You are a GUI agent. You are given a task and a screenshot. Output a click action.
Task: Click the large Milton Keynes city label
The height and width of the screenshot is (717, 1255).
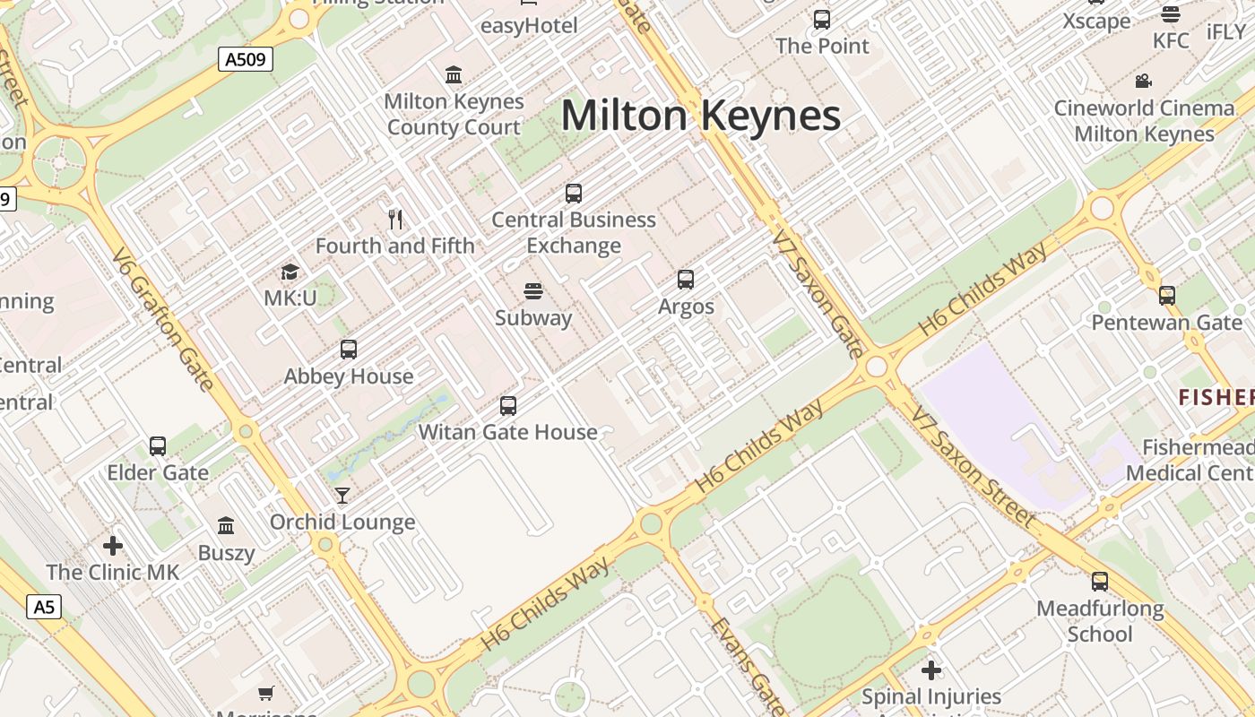coord(700,117)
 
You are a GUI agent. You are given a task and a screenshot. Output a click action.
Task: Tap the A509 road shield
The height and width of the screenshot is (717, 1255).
coord(246,60)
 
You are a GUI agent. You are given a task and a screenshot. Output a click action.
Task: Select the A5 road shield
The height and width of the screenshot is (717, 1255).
coord(44,607)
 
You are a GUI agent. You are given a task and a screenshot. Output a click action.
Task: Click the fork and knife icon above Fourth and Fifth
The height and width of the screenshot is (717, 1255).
coord(395,219)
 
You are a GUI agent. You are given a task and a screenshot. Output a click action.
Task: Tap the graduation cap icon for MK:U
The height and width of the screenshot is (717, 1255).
coord(290,272)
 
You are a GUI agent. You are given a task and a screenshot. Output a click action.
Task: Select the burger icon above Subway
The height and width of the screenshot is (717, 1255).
coord(533,291)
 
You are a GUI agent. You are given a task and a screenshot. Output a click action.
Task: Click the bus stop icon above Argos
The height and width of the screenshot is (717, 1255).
coord(686,280)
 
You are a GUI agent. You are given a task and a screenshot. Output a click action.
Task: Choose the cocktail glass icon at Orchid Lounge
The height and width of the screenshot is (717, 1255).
coord(342,496)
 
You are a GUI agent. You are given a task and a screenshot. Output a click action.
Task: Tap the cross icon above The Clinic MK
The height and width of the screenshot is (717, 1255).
coord(113,545)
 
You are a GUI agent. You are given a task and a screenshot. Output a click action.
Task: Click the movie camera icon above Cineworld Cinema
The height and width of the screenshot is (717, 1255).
coord(1143,82)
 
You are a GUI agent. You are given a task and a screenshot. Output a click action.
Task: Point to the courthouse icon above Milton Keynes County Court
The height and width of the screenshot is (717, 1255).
coord(454,74)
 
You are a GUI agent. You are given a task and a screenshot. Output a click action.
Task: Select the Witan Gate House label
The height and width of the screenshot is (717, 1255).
coord(507,432)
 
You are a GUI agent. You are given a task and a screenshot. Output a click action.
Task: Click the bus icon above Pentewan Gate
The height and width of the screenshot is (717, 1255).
coord(1166,295)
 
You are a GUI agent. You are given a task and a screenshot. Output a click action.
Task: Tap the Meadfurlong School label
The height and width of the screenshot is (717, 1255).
coord(1100,621)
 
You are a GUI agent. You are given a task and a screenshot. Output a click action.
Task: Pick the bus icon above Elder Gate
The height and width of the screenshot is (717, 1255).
coord(158,445)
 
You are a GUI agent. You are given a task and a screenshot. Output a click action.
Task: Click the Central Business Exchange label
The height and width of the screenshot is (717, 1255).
coord(574,232)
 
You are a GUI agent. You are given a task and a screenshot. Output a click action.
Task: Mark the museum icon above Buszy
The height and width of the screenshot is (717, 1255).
coord(226,525)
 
